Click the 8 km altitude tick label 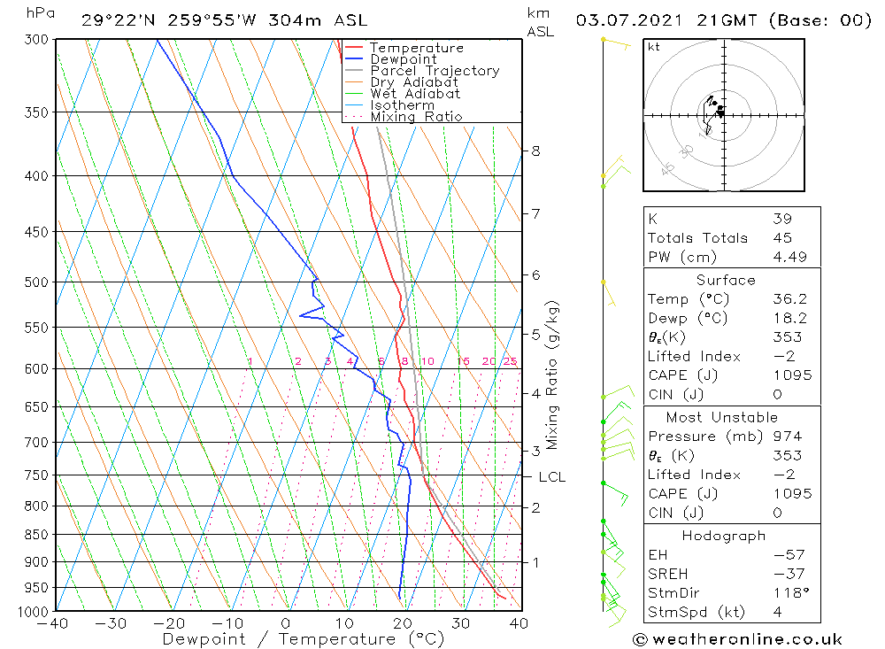coord(535,151)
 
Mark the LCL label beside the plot coord(552,477)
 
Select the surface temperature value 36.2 coord(790,298)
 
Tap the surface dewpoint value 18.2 coord(790,318)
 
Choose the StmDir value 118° coord(791,593)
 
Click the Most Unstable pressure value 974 coord(789,437)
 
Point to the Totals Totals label coord(697,238)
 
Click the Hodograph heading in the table coord(724,536)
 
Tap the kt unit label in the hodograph coord(654,47)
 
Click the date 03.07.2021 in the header coord(629,21)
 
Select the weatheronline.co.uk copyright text coord(737,639)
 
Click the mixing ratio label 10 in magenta coord(427,361)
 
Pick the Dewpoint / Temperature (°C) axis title coord(304,639)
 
